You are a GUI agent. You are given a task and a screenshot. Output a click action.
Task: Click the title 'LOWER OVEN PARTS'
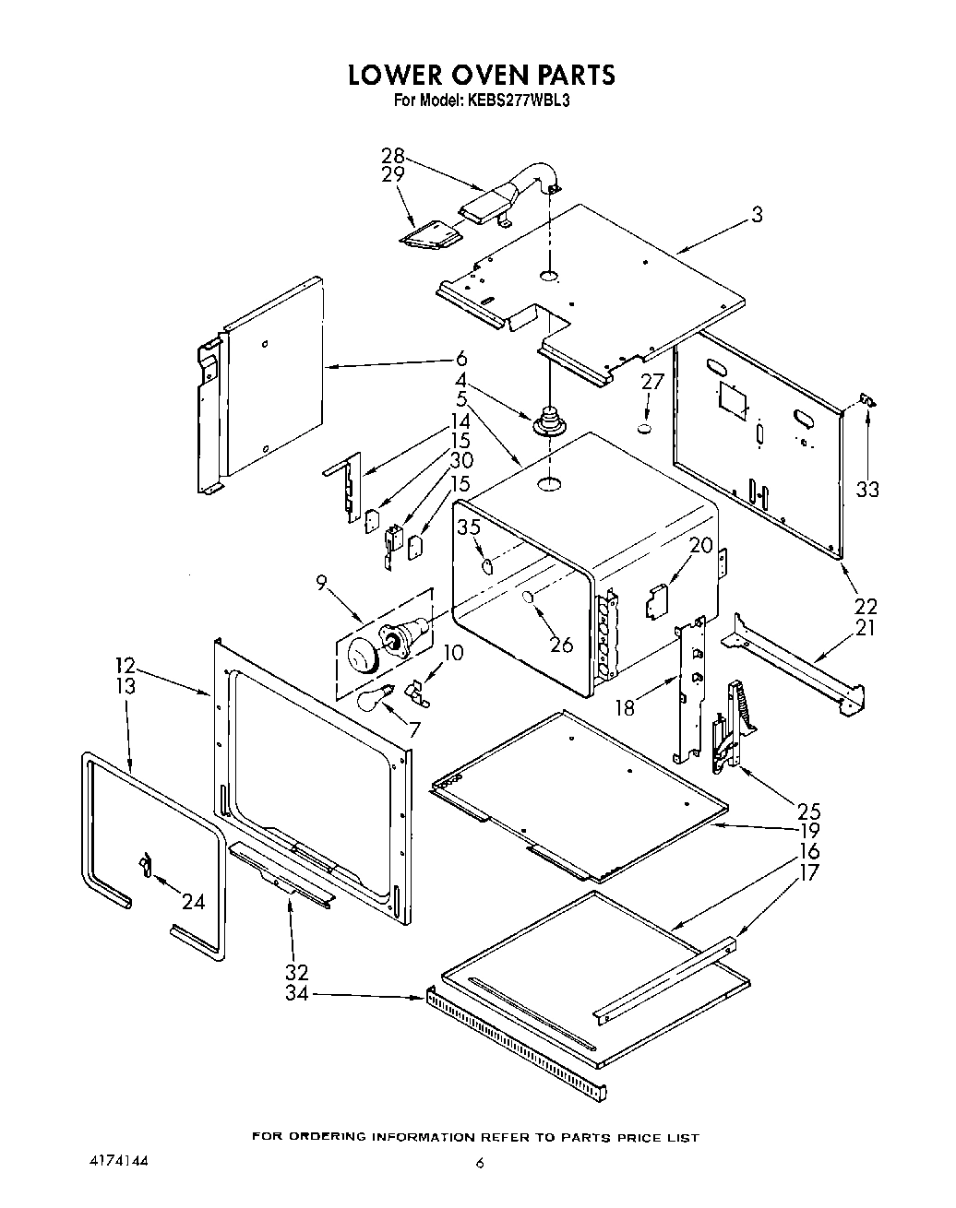click(481, 74)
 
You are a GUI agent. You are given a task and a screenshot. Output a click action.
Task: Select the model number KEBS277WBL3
click(517, 101)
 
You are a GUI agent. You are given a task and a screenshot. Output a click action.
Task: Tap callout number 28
click(393, 156)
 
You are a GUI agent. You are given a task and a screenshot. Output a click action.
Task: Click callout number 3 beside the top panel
click(757, 215)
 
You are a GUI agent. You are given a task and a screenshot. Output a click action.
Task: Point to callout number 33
click(867, 489)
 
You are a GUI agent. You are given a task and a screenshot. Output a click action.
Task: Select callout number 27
click(652, 382)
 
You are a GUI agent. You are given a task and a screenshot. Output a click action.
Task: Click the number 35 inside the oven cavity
click(469, 527)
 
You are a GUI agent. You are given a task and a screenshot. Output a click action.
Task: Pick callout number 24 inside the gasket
click(193, 901)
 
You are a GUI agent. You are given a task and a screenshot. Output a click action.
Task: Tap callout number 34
click(296, 994)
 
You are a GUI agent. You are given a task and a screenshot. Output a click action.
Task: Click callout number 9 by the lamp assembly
click(321, 582)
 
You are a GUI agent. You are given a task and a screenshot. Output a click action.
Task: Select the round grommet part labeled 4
click(549, 421)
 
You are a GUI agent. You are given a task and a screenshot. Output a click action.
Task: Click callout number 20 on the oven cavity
click(701, 546)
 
